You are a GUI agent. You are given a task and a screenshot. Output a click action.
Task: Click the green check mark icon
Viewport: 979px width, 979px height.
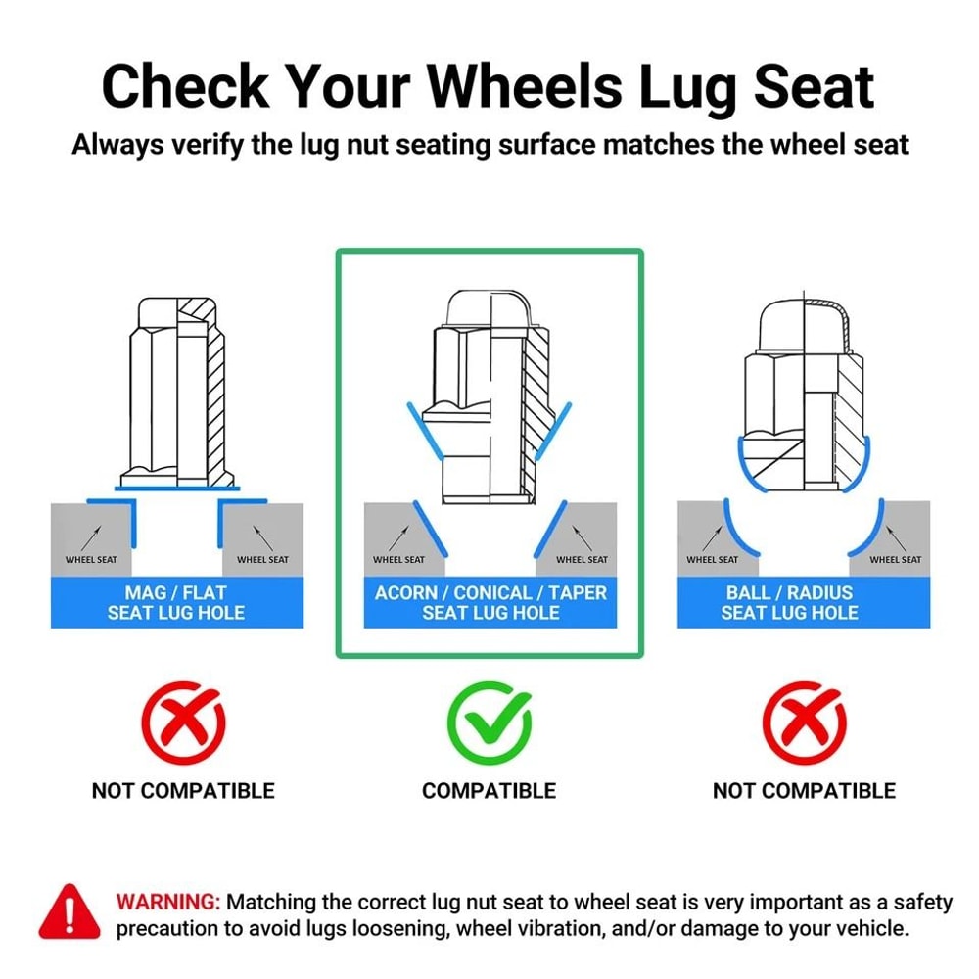[x=489, y=723]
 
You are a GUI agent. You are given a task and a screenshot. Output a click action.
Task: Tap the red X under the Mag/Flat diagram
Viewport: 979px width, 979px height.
[x=183, y=723]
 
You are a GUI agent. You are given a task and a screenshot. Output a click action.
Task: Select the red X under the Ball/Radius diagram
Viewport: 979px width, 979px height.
[x=804, y=723]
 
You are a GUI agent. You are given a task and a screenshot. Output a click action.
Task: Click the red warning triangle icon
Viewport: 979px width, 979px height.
[x=70, y=912]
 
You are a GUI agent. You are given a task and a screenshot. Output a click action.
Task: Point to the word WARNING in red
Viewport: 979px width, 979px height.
[x=168, y=903]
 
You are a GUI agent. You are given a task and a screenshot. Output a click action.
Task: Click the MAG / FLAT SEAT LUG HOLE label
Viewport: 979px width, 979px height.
[x=176, y=602]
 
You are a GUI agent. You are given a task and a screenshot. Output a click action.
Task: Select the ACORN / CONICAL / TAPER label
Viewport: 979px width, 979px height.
[x=490, y=592]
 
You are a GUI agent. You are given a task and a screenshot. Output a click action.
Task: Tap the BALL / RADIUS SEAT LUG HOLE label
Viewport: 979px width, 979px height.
[x=790, y=602]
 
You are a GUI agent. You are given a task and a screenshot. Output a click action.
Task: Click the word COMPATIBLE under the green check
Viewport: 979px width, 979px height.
[x=489, y=791]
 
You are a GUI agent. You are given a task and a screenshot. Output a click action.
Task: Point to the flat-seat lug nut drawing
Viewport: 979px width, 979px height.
[x=177, y=394]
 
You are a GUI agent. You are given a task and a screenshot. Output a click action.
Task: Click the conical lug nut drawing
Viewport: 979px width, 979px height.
[x=490, y=396]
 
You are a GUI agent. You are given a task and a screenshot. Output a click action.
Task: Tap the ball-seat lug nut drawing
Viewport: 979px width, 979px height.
[x=804, y=393]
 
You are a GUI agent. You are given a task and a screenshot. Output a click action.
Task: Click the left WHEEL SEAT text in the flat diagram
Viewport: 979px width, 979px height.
[x=91, y=559]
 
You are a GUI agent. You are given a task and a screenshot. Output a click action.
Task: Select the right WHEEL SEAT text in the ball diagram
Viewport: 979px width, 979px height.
[x=896, y=559]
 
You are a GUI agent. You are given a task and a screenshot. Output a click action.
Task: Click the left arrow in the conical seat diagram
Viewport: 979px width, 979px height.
[x=399, y=538]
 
